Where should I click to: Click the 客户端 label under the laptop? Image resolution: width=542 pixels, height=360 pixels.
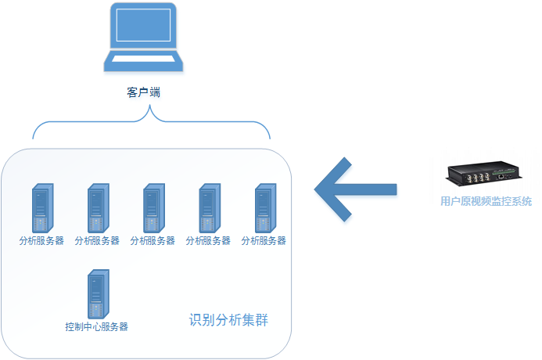click(x=143, y=92)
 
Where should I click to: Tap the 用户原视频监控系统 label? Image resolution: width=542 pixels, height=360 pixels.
click(x=486, y=202)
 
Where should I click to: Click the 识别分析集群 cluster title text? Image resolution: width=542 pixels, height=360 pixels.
click(x=229, y=320)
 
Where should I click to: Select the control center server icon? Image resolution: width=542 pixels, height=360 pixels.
click(x=98, y=293)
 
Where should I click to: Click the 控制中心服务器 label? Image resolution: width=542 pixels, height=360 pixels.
click(x=97, y=326)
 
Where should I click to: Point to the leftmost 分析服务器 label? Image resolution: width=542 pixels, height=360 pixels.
click(x=41, y=241)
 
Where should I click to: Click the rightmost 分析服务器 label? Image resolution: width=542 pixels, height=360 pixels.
click(x=264, y=241)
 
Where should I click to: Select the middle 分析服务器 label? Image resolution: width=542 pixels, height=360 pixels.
click(x=153, y=241)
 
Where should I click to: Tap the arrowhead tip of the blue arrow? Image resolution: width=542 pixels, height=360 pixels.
click(x=315, y=189)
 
